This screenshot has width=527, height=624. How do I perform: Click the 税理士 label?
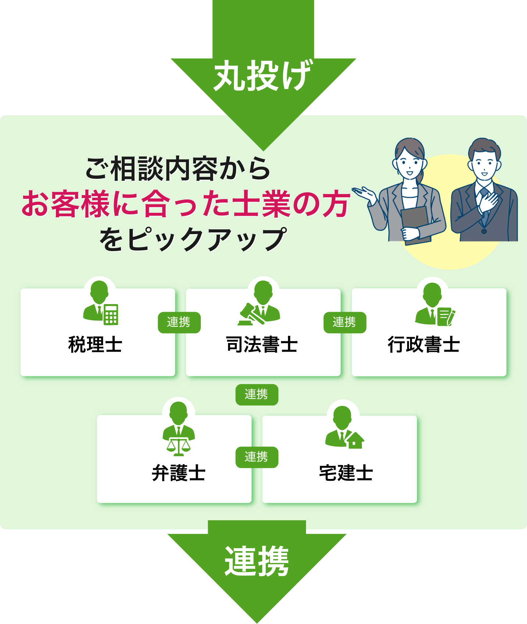(x=95, y=345)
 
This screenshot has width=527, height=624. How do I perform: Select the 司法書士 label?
(x=262, y=345)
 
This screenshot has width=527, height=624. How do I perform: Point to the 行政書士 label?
(x=424, y=345)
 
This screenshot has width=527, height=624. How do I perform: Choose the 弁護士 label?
(x=178, y=473)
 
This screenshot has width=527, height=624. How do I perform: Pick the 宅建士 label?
(x=346, y=473)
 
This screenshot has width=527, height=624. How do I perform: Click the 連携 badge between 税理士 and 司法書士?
(x=179, y=322)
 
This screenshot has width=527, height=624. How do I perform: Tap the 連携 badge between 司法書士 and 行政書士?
(x=345, y=322)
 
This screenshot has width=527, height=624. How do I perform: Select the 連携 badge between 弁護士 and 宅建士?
(x=257, y=457)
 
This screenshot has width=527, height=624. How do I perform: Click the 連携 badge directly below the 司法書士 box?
(x=257, y=395)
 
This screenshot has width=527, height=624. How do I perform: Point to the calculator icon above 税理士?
(x=111, y=314)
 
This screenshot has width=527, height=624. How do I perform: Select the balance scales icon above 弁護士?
(x=179, y=447)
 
